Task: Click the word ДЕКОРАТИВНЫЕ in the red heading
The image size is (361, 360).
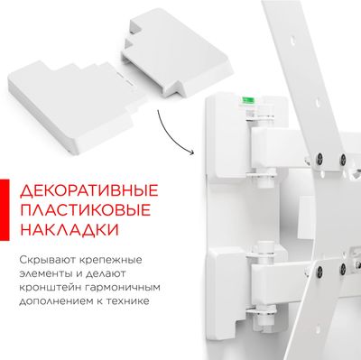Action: (x=89, y=190)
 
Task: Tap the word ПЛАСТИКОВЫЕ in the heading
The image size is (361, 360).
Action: (x=85, y=210)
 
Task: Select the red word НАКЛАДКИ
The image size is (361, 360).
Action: (x=69, y=229)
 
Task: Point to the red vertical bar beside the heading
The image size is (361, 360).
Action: (x=5, y=210)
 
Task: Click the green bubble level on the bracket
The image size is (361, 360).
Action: (x=248, y=100)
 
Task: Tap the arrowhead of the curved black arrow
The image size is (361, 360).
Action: (x=192, y=152)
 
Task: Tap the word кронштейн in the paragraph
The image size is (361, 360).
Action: (x=49, y=288)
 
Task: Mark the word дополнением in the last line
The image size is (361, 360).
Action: (x=56, y=301)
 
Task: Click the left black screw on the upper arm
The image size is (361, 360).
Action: (x=319, y=157)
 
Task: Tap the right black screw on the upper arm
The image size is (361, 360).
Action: (x=342, y=159)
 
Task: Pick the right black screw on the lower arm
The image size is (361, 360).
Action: (x=342, y=268)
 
